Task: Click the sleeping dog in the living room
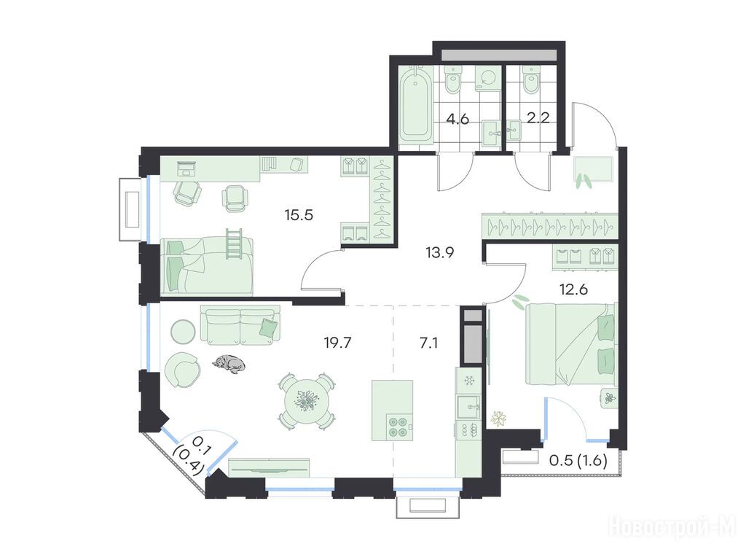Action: point(229,365)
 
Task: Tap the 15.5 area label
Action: point(299,215)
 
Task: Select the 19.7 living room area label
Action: point(337,343)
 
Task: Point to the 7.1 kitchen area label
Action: point(428,343)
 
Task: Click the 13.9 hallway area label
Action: point(439,252)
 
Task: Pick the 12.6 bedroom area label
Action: point(574,289)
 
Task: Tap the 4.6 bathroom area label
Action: point(458,119)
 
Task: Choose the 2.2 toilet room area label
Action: point(538,117)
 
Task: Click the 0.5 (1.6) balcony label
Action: point(578,461)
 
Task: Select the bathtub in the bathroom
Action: point(415,105)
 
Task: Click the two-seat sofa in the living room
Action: point(240,324)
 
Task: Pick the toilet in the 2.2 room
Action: point(530,80)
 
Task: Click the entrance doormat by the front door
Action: point(594,169)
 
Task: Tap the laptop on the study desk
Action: point(186,168)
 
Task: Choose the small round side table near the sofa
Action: point(183,331)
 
